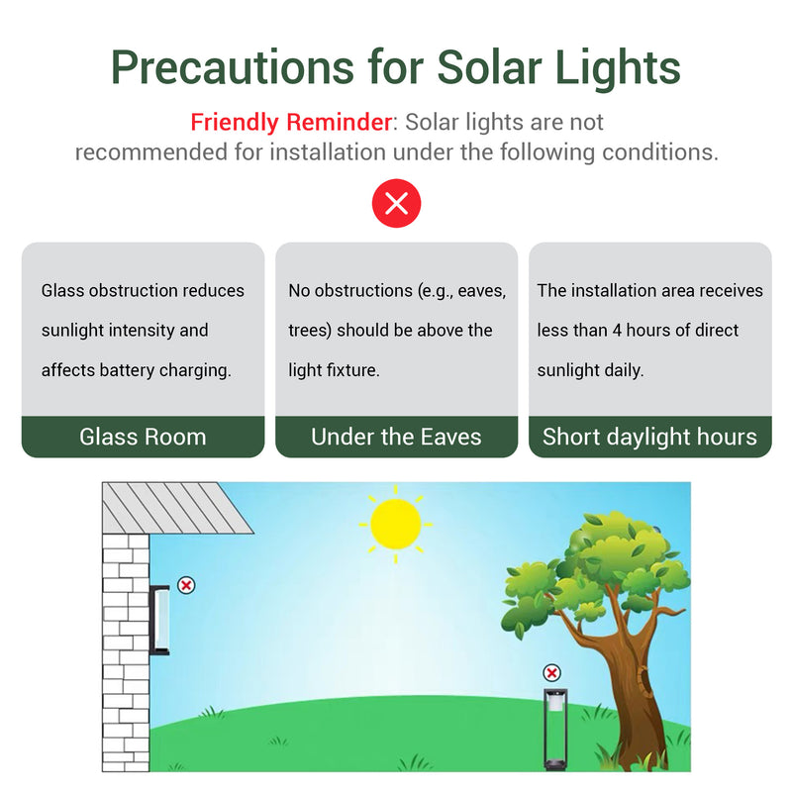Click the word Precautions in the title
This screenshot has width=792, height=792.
click(x=232, y=67)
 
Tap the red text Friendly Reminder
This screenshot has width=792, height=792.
click(x=291, y=123)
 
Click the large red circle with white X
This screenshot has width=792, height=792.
click(x=396, y=205)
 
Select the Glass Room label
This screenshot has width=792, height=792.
click(x=143, y=437)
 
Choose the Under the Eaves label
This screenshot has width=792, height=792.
click(x=396, y=437)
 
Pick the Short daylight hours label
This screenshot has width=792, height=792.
click(x=649, y=437)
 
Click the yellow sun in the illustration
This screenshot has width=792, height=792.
click(x=396, y=525)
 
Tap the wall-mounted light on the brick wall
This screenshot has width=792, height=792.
click(x=159, y=620)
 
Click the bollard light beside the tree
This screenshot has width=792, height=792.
click(x=552, y=729)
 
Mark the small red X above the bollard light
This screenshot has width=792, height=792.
click(x=552, y=673)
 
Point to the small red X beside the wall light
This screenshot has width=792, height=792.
click(x=186, y=585)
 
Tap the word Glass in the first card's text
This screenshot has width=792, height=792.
click(x=62, y=291)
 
